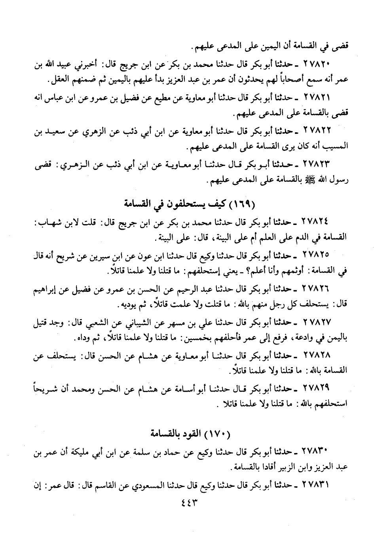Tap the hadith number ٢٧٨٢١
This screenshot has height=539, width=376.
317,97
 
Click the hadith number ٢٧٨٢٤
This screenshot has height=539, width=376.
317,221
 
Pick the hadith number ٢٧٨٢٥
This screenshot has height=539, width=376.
317,253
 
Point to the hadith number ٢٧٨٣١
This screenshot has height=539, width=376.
317,484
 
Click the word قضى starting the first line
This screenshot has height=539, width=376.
341,47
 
